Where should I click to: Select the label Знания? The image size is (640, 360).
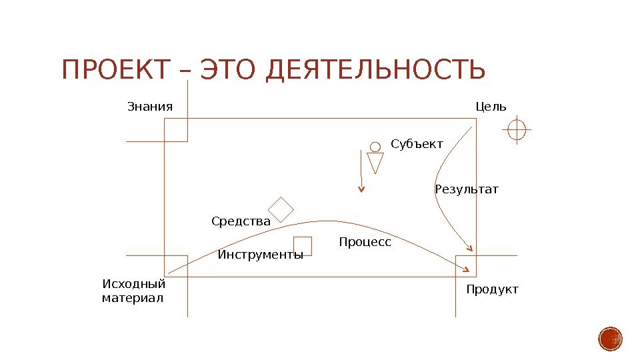pos(150,107)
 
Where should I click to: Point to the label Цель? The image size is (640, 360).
pos(491,107)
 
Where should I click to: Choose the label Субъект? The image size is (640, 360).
pos(417,143)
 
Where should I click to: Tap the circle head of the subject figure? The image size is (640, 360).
pos(375,147)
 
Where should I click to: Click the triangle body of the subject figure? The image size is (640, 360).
pos(375,162)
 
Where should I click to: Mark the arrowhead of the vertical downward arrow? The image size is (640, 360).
pos(361,189)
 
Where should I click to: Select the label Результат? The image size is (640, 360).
pos(466,189)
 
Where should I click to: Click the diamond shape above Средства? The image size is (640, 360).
pos(281,209)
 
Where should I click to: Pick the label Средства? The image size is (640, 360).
pos(241,221)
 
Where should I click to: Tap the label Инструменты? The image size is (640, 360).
pos(260,255)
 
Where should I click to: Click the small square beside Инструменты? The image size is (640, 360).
pos(303,246)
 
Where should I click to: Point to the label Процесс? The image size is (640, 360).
pos(365,242)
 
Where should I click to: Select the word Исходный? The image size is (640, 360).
pos(133,285)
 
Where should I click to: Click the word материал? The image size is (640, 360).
pos(132,298)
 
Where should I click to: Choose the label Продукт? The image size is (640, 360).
pos(492,290)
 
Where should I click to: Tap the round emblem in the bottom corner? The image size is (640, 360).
pos(610,339)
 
